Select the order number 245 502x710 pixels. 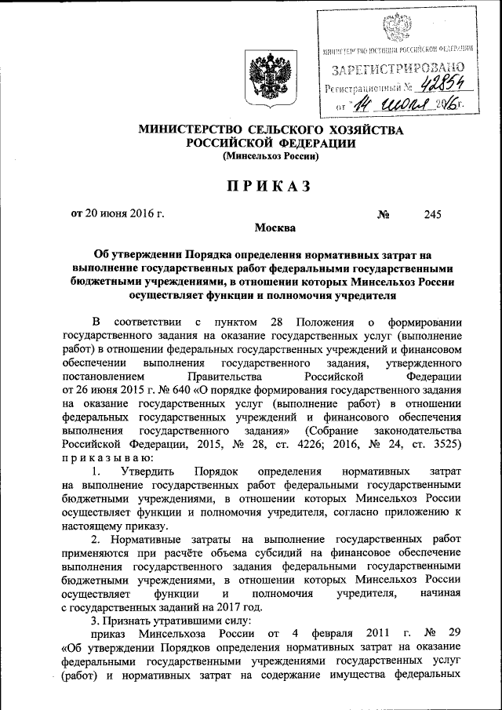point(433,213)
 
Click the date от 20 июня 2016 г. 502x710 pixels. point(118,213)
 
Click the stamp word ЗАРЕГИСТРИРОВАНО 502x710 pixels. point(398,69)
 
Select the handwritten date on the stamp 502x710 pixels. point(409,104)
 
